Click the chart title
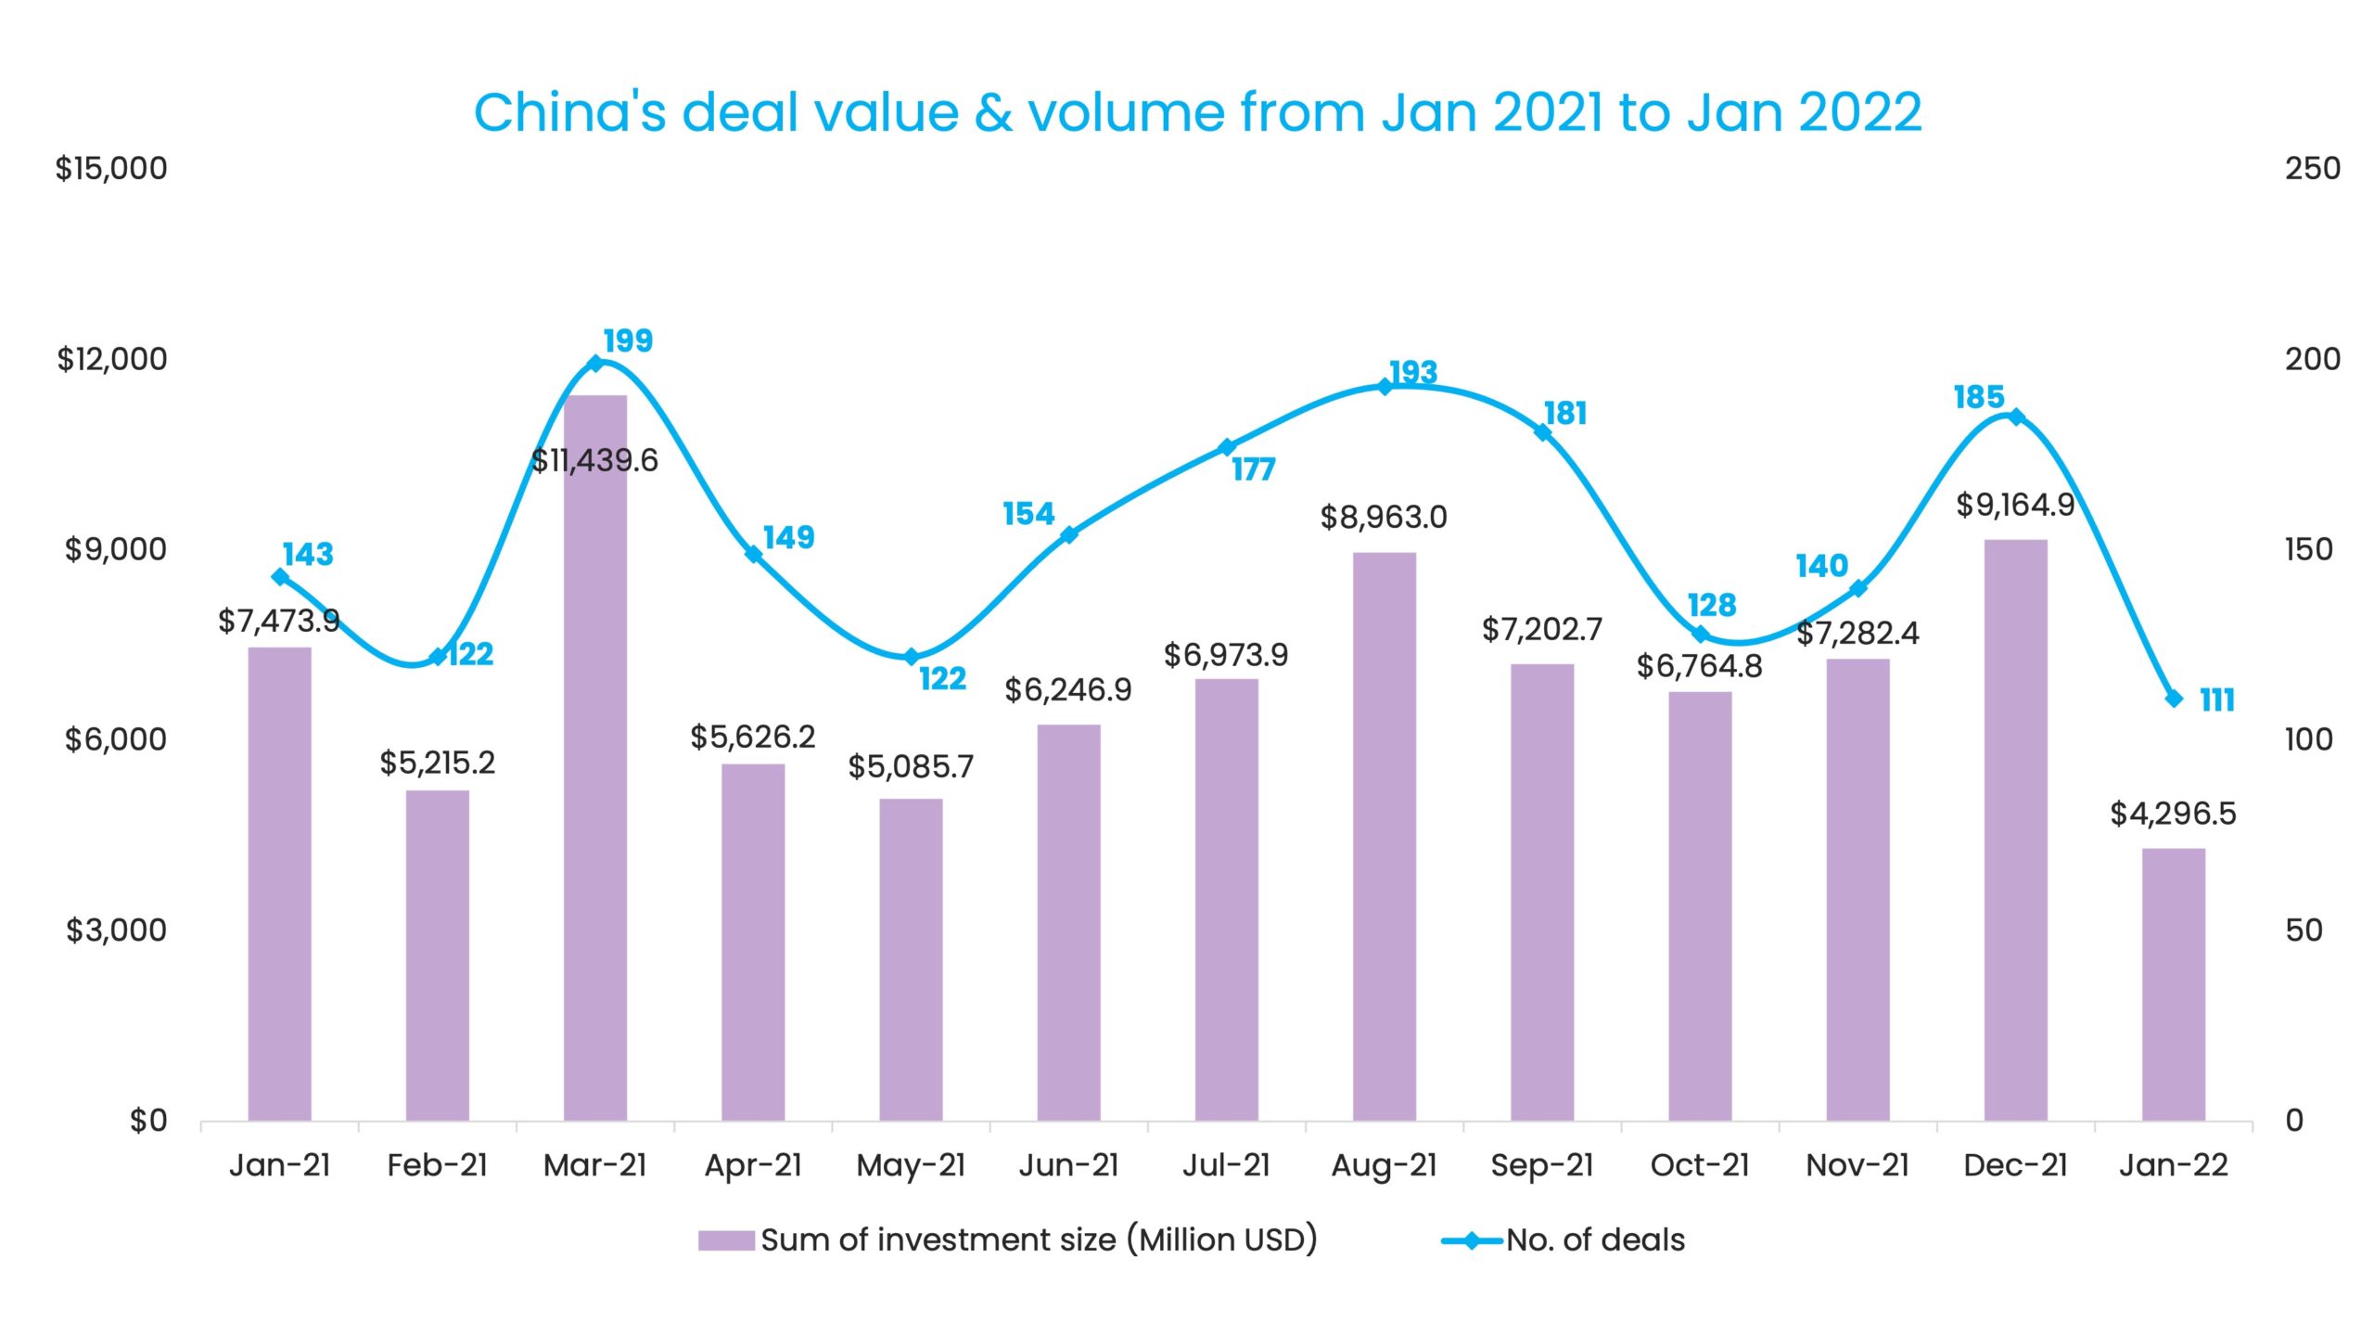pyautogui.click(x=1197, y=113)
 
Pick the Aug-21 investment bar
pyautogui.click(x=1384, y=835)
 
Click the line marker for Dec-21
pyautogui.click(x=2015, y=417)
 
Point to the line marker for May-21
pyautogui.click(x=911, y=657)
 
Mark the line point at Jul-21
pyautogui.click(x=1227, y=447)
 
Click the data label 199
pyautogui.click(x=628, y=340)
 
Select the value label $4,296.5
pyautogui.click(x=2172, y=814)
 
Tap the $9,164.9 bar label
pyautogui.click(x=2014, y=505)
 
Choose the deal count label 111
pyautogui.click(x=2217, y=700)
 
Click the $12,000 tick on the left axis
pyautogui.click(x=112, y=359)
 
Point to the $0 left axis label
pyautogui.click(x=148, y=1121)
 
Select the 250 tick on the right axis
pyautogui.click(x=2312, y=169)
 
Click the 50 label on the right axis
pyautogui.click(x=2304, y=931)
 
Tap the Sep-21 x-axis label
pyautogui.click(x=1541, y=1165)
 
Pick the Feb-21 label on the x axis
pyautogui.click(x=437, y=1165)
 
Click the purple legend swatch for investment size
pyautogui.click(x=725, y=1240)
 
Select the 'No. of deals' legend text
pyautogui.click(x=1595, y=1240)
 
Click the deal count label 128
pyautogui.click(x=1711, y=605)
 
